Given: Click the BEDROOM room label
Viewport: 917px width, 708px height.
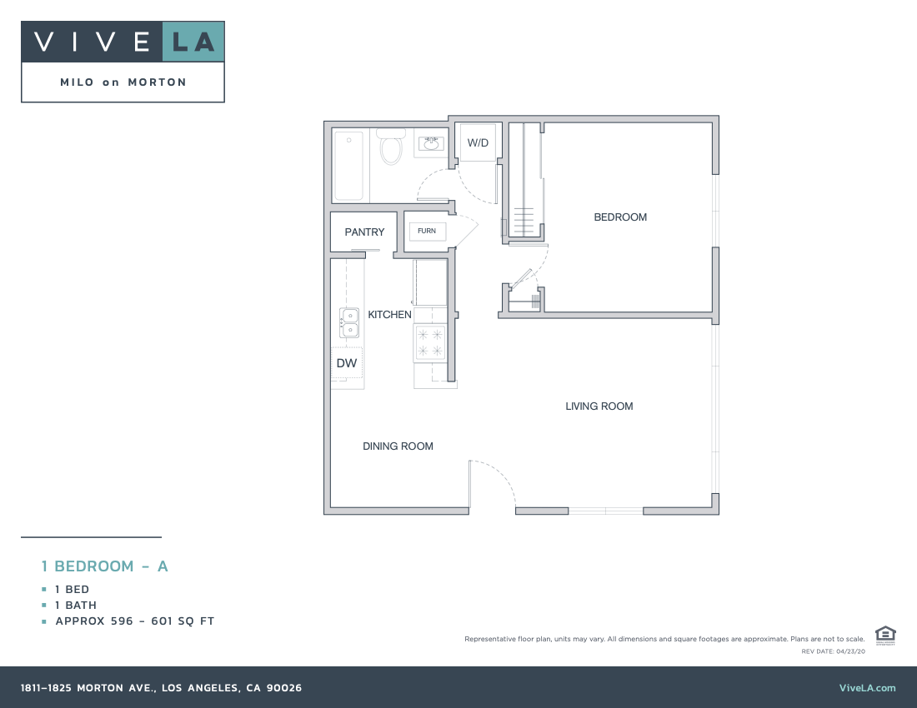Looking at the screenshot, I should tap(619, 217).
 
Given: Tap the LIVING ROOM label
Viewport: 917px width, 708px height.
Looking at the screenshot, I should tap(599, 406).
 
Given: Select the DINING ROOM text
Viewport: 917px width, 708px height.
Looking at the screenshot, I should tap(398, 446).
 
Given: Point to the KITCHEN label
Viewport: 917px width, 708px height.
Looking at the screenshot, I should tap(389, 315).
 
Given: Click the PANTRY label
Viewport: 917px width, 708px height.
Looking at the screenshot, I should tap(364, 232).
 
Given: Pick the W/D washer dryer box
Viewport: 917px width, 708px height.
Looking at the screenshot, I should tap(478, 143).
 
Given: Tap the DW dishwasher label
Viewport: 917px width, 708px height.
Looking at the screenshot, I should tap(346, 363).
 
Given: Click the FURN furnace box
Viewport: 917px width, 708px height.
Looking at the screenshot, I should tap(427, 231).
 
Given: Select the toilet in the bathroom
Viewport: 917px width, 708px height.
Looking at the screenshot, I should tap(390, 147).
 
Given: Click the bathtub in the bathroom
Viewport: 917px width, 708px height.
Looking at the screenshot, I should tap(348, 166).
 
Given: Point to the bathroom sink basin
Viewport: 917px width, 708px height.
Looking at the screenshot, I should tap(432, 144).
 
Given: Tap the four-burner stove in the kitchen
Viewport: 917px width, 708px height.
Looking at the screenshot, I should tap(430, 342).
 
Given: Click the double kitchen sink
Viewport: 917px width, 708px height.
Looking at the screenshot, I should tap(348, 322).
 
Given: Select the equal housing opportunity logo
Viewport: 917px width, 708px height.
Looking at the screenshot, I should tap(885, 635).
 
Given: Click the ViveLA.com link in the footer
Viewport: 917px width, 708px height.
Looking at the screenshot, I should tap(867, 688).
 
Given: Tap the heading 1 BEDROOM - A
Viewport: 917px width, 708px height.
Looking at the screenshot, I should tap(105, 566).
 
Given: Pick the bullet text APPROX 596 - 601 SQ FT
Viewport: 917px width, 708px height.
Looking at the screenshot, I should tap(135, 621).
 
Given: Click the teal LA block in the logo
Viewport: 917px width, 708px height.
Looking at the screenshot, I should tap(193, 42).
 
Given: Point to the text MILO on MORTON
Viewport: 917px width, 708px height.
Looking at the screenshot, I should tap(123, 82).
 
